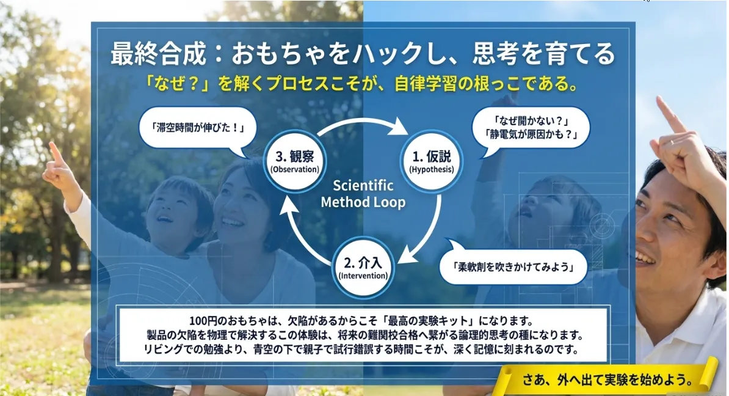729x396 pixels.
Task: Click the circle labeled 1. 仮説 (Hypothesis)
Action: pyautogui.click(x=432, y=161)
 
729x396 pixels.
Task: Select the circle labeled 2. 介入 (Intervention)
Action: pyautogui.click(x=363, y=268)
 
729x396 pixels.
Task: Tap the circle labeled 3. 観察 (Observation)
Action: pyautogui.click(x=295, y=161)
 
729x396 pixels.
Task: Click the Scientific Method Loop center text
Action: pyautogui.click(x=363, y=194)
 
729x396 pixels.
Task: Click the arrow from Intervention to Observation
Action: pyautogui.click(x=297, y=235)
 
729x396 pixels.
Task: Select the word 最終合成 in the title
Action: pyautogui.click(x=158, y=54)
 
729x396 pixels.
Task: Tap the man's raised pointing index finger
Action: pyautogui.click(x=670, y=114)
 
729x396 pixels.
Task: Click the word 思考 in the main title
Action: pyautogui.click(x=496, y=54)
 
